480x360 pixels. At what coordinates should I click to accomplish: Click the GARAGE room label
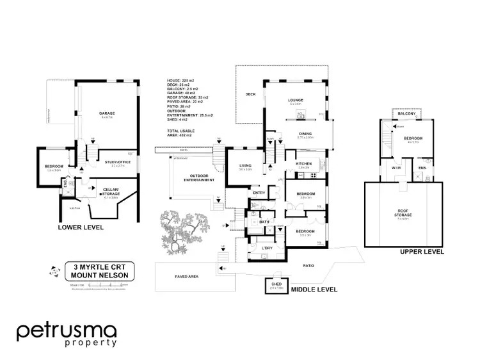coord(106,113)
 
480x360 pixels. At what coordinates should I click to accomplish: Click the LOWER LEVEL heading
coord(80,227)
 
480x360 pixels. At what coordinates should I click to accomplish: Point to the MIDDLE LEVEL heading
coord(314,290)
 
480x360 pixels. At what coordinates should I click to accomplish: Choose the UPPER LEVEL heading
coord(422,252)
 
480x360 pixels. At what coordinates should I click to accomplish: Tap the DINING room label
coord(305,133)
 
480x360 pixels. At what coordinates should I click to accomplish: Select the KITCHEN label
coord(303,164)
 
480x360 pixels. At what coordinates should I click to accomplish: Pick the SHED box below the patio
coord(278,285)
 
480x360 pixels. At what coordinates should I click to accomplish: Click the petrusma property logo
coord(66,333)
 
